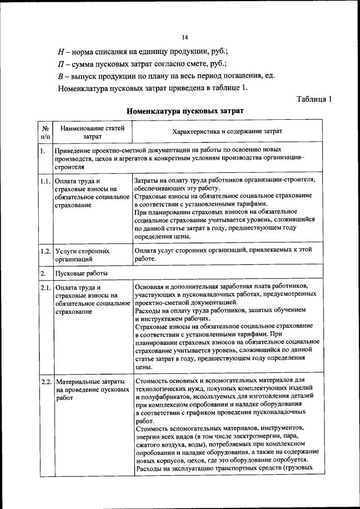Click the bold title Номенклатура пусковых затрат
point(185,111)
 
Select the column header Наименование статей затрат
point(93,132)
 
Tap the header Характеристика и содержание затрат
point(227,132)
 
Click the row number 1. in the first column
point(43,151)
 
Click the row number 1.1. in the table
point(46,181)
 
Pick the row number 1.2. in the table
point(46,251)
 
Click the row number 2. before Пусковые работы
point(43,273)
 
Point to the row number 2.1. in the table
point(46,289)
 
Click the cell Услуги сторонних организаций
point(82,255)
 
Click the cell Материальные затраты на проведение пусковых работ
point(90,389)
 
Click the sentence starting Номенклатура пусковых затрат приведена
point(152,88)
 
